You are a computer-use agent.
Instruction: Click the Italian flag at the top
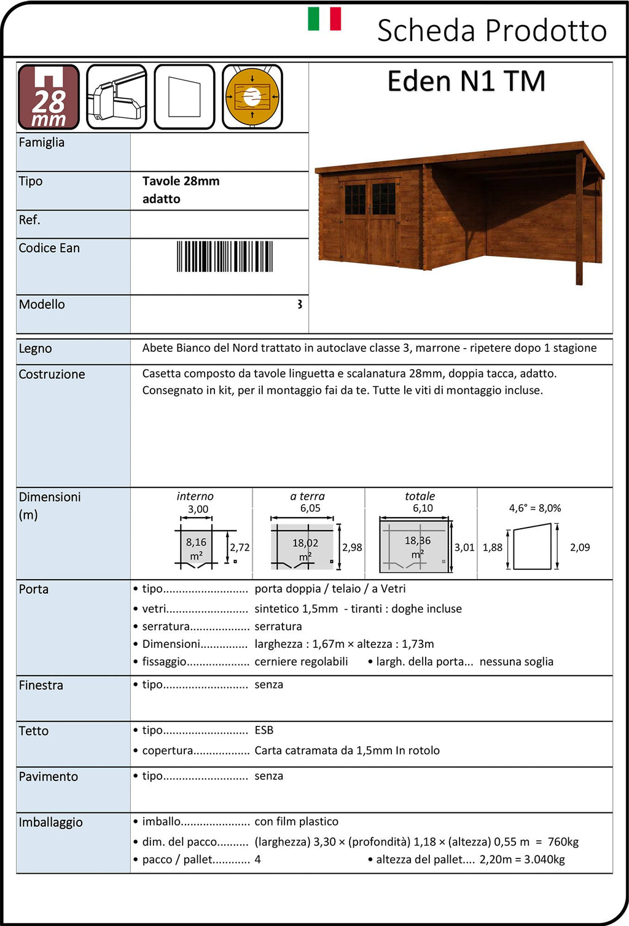coord(324,18)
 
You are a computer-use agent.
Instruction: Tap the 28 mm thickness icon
coord(49,97)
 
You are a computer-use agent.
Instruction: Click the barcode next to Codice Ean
coord(224,257)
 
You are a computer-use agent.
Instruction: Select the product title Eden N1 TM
coord(466,82)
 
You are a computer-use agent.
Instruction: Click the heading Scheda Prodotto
coord(491,31)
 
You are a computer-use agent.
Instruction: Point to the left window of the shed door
coord(354,199)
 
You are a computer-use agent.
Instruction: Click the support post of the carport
coord(579,221)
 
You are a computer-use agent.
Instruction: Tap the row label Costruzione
coord(52,375)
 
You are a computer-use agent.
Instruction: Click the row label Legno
coord(35,349)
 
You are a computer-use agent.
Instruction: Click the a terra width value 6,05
coord(310,508)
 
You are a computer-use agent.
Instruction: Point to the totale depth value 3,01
coord(464,547)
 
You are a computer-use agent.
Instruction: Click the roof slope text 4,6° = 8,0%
coord(535,508)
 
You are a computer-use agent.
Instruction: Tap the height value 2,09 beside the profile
coord(580,547)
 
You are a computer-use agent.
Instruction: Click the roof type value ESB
coord(264,730)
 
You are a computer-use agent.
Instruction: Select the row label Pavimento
coord(48,777)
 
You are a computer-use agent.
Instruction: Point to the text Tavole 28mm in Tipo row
coord(181,181)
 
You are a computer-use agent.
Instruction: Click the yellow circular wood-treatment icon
coord(252,97)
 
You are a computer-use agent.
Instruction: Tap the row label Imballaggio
coord(50,823)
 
